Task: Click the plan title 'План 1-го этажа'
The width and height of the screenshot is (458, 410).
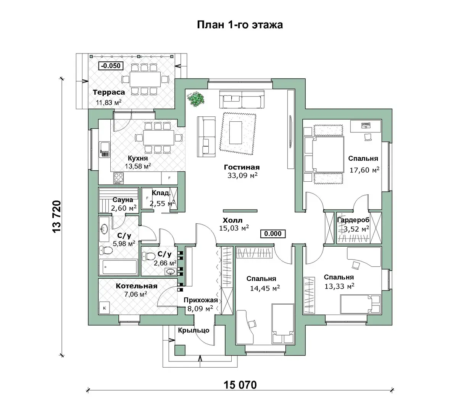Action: coord(240,25)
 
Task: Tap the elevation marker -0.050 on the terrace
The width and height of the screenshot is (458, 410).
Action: coord(111,66)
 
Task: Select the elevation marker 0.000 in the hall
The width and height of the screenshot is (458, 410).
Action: coord(273,234)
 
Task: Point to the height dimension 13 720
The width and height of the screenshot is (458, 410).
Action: coord(56,216)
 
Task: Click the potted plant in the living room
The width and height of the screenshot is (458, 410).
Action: coord(196,98)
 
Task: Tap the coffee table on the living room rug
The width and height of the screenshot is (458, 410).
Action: coord(235,132)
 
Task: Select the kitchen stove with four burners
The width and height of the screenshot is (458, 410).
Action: coord(119,178)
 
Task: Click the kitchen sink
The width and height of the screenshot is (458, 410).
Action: coord(105,150)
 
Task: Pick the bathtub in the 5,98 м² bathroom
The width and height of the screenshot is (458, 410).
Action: coord(118,267)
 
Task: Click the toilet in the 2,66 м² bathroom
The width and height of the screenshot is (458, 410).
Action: coord(148,257)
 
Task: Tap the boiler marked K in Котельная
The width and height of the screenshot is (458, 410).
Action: coord(105,308)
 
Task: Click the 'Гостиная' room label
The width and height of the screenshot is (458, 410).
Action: coord(242,167)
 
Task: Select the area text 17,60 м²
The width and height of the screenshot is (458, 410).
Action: coord(364,169)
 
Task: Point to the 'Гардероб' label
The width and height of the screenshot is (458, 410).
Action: coord(353,220)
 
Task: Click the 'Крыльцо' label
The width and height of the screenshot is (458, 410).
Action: coord(194,330)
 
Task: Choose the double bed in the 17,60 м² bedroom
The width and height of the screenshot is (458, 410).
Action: coord(324,154)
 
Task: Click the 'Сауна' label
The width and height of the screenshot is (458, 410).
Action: coord(123,200)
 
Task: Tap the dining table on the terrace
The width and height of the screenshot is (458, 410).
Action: coord(145,79)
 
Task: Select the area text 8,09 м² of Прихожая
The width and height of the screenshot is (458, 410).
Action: coord(200,308)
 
